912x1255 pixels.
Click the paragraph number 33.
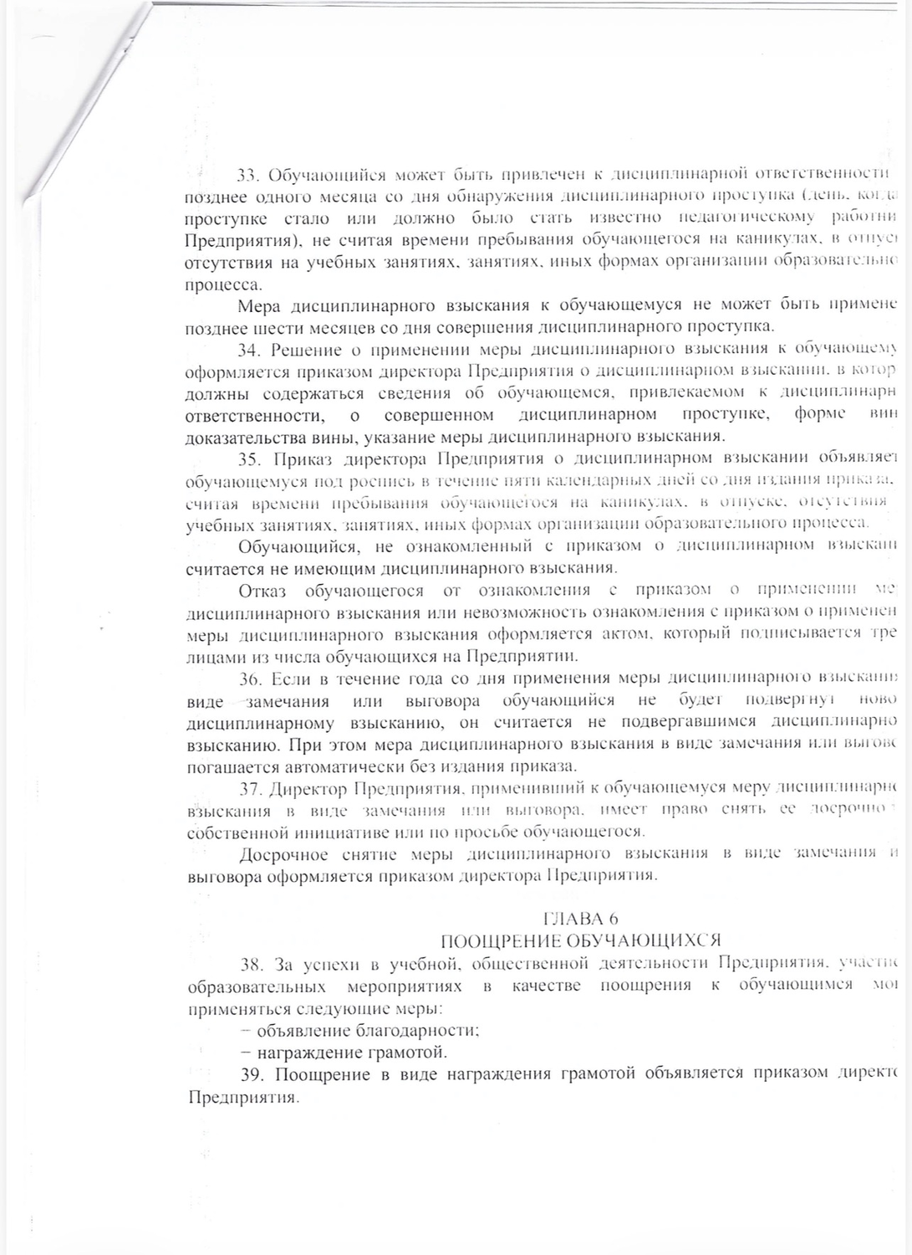click(247, 176)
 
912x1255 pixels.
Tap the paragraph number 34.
click(248, 349)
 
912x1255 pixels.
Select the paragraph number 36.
click(248, 678)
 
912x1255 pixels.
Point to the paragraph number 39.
click(248, 1075)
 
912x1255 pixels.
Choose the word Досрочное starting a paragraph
click(280, 853)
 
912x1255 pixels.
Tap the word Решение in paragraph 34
click(307, 349)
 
